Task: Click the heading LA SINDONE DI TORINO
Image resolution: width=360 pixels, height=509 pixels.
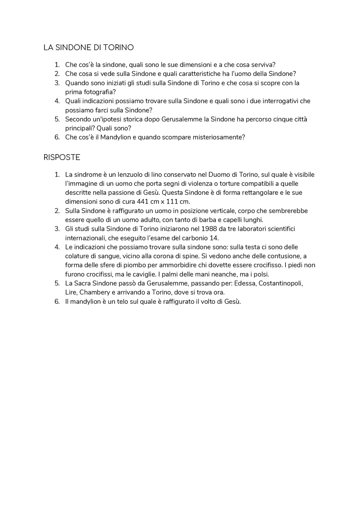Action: point(89,48)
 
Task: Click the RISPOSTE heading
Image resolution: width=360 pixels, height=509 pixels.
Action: point(62,157)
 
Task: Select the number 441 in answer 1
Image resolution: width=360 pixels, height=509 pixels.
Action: point(143,202)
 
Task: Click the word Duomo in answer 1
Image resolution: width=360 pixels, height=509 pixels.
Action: point(217,175)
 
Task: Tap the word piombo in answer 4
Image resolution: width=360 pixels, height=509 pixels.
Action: point(147,265)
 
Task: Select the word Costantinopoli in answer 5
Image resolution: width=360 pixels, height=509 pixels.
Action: point(280,283)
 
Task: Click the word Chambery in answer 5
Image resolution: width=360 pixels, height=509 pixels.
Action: point(95,292)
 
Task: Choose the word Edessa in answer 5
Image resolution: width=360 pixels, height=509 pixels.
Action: point(245,283)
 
